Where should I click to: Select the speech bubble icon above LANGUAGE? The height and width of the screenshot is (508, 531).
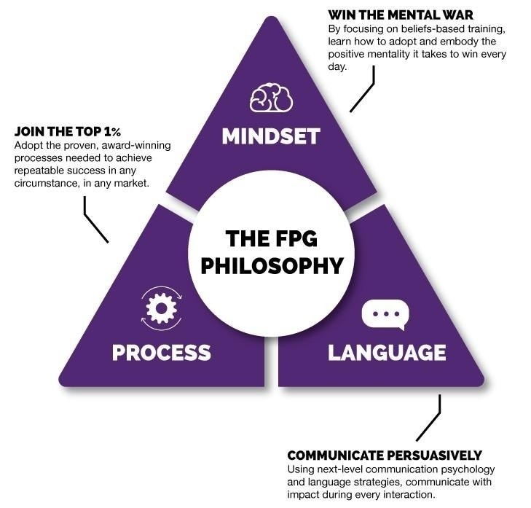(x=385, y=315)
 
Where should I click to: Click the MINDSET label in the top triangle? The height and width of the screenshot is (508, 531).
(x=271, y=136)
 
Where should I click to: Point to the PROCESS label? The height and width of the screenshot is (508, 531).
(x=161, y=353)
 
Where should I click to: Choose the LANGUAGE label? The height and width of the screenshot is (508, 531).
(x=386, y=353)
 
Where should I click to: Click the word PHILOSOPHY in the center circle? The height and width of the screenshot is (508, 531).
(x=271, y=265)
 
